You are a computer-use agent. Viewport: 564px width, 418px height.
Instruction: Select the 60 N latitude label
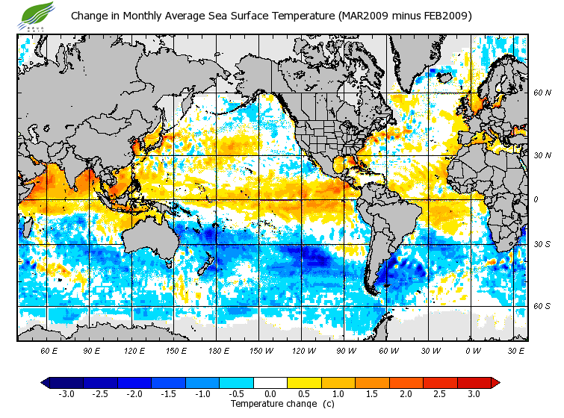click(x=542, y=93)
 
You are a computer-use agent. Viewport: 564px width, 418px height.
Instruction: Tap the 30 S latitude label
click(x=542, y=245)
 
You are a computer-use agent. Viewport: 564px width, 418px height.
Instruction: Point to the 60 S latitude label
click(x=542, y=307)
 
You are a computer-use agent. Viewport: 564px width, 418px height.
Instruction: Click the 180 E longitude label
click(x=218, y=351)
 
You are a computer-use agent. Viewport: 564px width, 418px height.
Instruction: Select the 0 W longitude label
click(x=473, y=351)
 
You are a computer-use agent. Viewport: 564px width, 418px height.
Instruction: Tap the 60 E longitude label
click(x=49, y=351)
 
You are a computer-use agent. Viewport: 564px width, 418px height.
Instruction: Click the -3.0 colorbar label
click(x=66, y=394)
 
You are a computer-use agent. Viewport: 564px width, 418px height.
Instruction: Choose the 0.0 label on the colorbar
click(x=270, y=394)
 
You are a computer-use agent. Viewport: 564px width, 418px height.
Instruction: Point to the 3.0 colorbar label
click(x=474, y=394)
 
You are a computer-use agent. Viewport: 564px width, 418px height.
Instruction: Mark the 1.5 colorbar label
click(x=372, y=394)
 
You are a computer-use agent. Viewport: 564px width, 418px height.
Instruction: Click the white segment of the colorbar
click(x=270, y=383)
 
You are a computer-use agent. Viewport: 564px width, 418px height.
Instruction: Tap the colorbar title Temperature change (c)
click(x=271, y=404)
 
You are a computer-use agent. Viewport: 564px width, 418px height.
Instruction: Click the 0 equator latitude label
click(x=536, y=200)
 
